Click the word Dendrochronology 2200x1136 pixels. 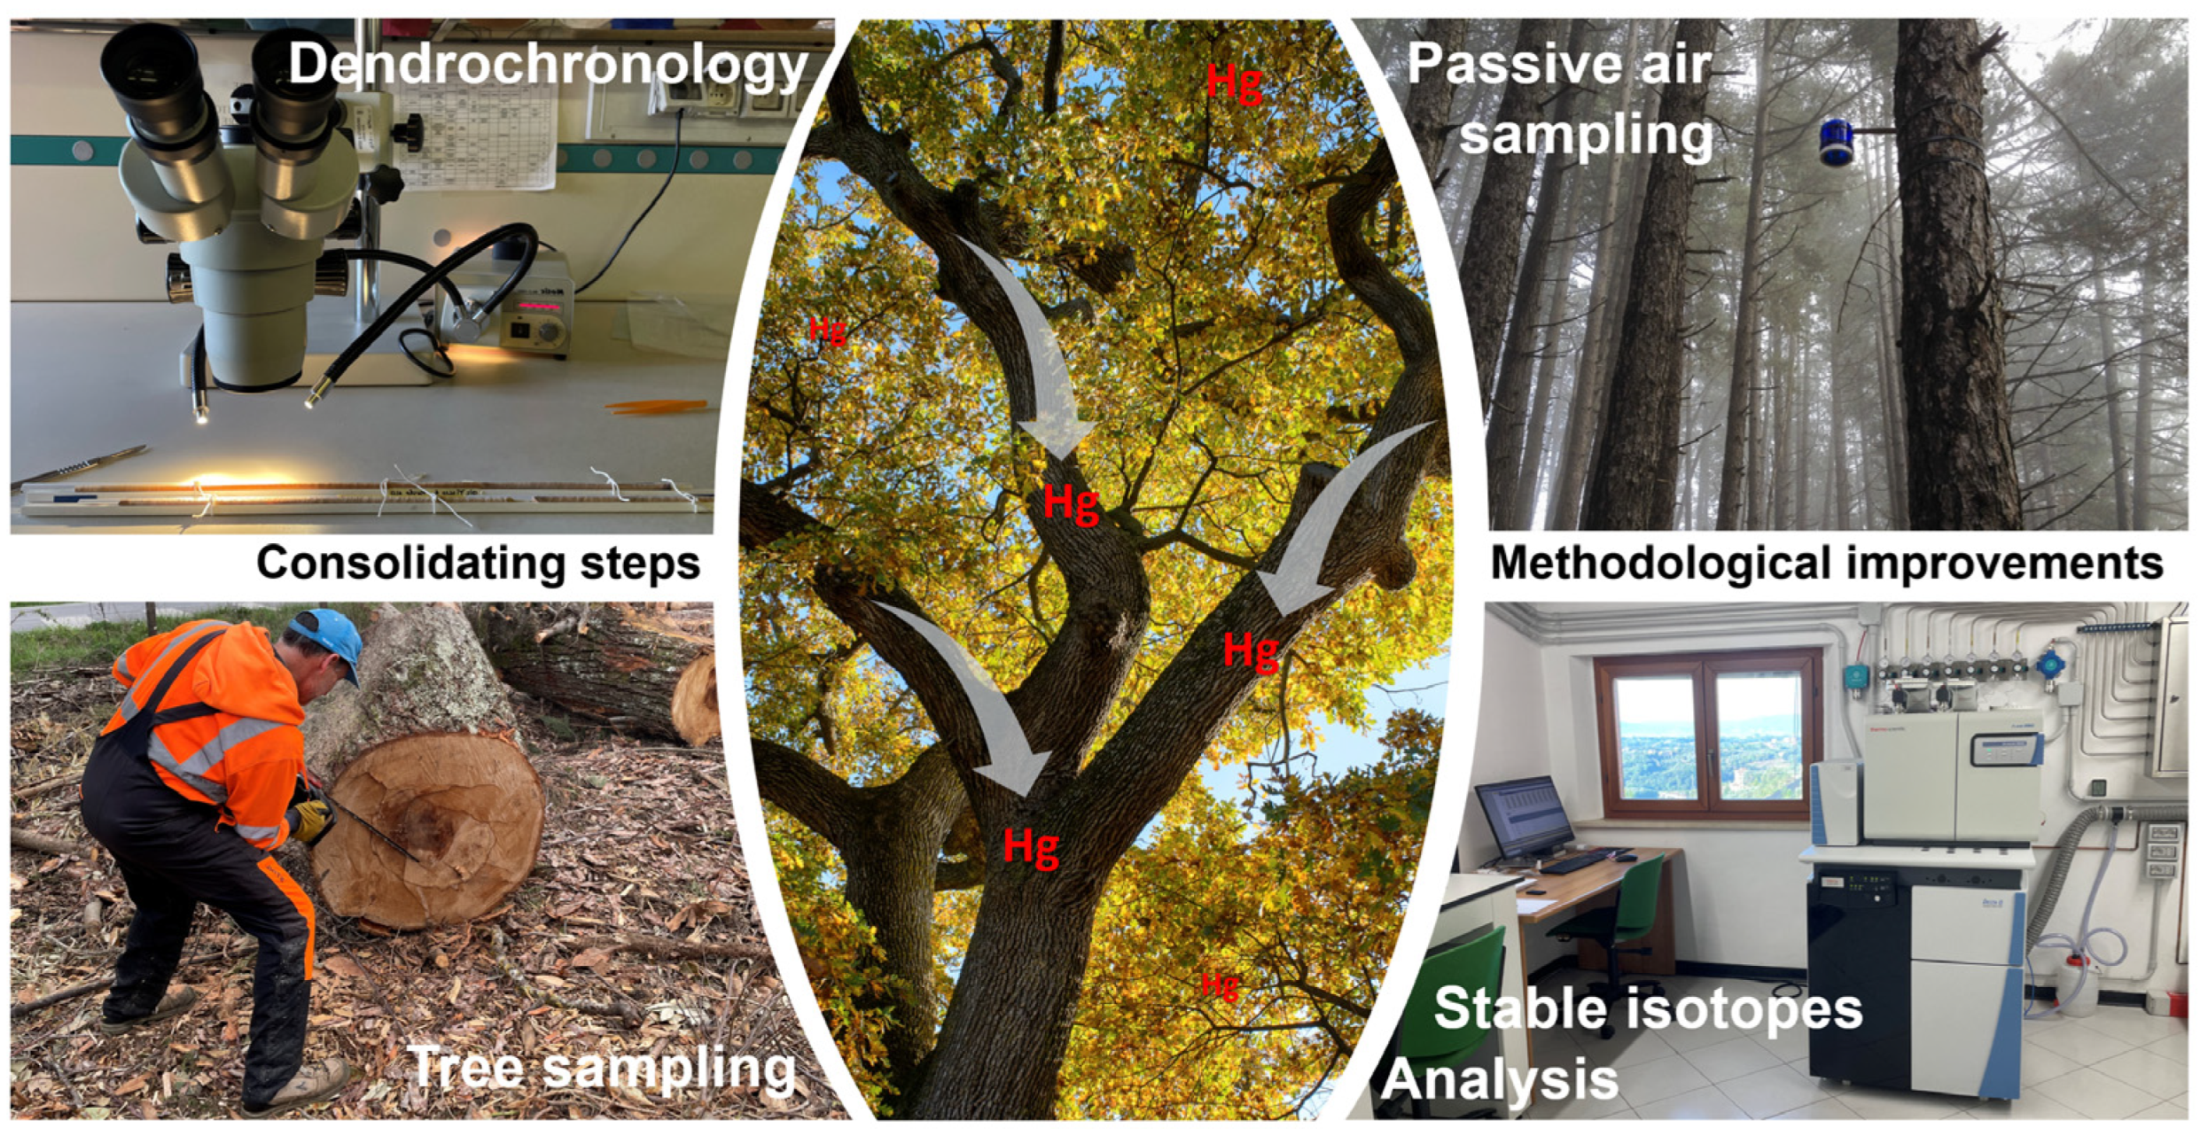[x=548, y=66]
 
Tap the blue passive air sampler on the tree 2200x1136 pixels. [x=1837, y=143]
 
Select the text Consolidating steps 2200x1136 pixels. [x=479, y=563]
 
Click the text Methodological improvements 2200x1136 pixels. [x=1827, y=563]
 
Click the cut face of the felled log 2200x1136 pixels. [x=430, y=829]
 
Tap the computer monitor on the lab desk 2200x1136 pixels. [x=1523, y=817]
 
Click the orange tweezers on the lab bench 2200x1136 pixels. [x=657, y=407]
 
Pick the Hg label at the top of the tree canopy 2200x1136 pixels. [x=1235, y=83]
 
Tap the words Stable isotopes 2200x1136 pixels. [x=1648, y=1008]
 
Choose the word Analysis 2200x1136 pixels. [x=1500, y=1079]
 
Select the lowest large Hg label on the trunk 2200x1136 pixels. [x=1031, y=847]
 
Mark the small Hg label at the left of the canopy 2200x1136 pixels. [x=827, y=331]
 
